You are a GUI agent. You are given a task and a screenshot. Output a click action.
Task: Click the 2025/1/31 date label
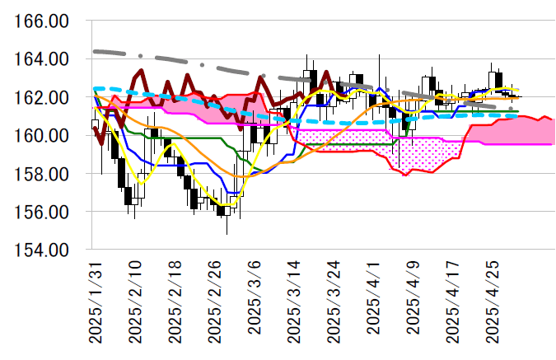point(96,302)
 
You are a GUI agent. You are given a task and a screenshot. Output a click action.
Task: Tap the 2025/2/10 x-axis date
point(136,302)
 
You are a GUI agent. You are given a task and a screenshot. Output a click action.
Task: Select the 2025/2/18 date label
point(175,302)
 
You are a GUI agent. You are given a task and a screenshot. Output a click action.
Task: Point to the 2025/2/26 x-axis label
point(216,302)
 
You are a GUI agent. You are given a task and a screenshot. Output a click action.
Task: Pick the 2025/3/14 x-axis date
point(297,302)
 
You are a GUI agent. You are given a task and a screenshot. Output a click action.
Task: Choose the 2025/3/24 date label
point(336,302)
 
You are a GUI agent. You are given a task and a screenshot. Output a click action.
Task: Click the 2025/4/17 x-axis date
point(456,302)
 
